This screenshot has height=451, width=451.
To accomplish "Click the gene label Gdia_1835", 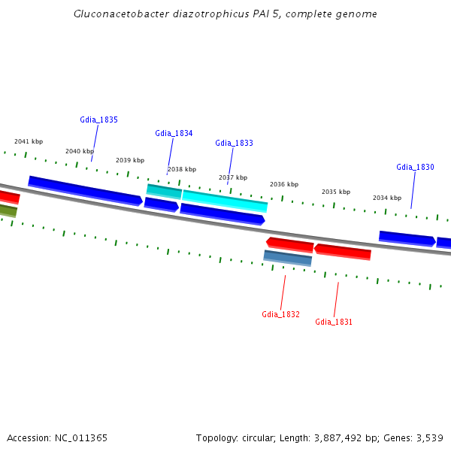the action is pos(98,120).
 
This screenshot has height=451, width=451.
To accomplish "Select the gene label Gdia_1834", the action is pos(174,133).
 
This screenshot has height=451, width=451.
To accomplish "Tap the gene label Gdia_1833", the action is pos(234,143).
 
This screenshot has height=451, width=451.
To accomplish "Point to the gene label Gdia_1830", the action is pos(415,167).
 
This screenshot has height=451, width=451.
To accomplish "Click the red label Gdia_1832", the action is pos(280,314).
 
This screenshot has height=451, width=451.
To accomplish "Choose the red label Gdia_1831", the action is pos(334,322).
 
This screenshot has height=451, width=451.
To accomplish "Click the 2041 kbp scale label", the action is pos(29,141).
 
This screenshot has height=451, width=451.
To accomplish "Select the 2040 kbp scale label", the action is pos(80,151).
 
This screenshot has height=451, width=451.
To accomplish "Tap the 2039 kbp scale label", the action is pos(130,160).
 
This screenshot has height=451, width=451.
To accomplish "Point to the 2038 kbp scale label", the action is pos(181,169).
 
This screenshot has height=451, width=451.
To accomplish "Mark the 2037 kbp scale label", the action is pos(233,177).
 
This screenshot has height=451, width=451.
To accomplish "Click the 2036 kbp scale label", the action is pos(284,184).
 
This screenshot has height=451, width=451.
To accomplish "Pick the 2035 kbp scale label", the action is pos(336,192).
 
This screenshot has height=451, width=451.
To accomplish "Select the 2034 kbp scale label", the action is pos(387,198).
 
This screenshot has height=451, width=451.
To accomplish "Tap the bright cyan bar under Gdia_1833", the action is pos(225,201).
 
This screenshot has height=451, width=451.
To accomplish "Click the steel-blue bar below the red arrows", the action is pos(287,258).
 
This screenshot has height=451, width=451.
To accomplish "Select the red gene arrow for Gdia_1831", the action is pos(343,251).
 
